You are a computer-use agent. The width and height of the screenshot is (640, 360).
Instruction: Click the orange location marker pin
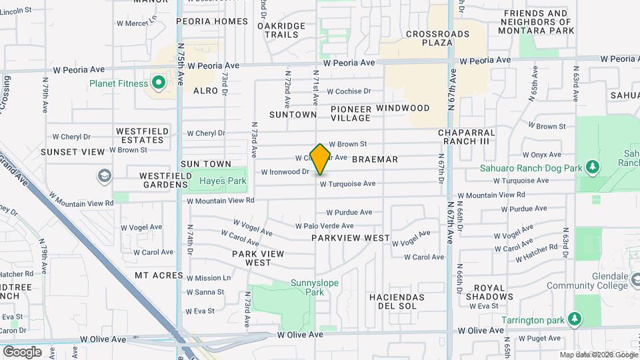[321, 159]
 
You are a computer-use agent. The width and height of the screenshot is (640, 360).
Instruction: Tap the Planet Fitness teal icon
[159, 83]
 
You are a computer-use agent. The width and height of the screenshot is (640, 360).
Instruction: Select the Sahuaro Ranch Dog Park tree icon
[591, 167]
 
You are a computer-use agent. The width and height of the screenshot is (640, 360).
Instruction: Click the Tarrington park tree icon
[573, 320]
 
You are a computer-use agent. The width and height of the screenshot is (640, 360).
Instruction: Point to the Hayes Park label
[223, 181]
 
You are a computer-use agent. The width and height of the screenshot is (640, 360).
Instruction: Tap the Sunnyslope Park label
[315, 287]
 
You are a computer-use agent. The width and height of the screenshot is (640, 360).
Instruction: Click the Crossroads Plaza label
[429, 37]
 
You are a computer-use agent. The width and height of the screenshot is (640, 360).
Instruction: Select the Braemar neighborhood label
[375, 159]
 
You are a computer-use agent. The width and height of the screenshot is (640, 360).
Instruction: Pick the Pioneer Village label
[351, 113]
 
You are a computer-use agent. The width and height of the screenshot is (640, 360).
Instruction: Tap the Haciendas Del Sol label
[397, 301]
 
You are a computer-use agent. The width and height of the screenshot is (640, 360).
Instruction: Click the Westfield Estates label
[141, 136]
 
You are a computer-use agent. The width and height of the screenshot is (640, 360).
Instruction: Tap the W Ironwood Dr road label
[285, 171]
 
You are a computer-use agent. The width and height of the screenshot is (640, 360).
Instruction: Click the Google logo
[22, 351]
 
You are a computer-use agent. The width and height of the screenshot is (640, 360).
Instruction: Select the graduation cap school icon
[104, 176]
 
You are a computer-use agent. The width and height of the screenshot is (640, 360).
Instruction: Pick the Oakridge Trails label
[281, 30]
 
